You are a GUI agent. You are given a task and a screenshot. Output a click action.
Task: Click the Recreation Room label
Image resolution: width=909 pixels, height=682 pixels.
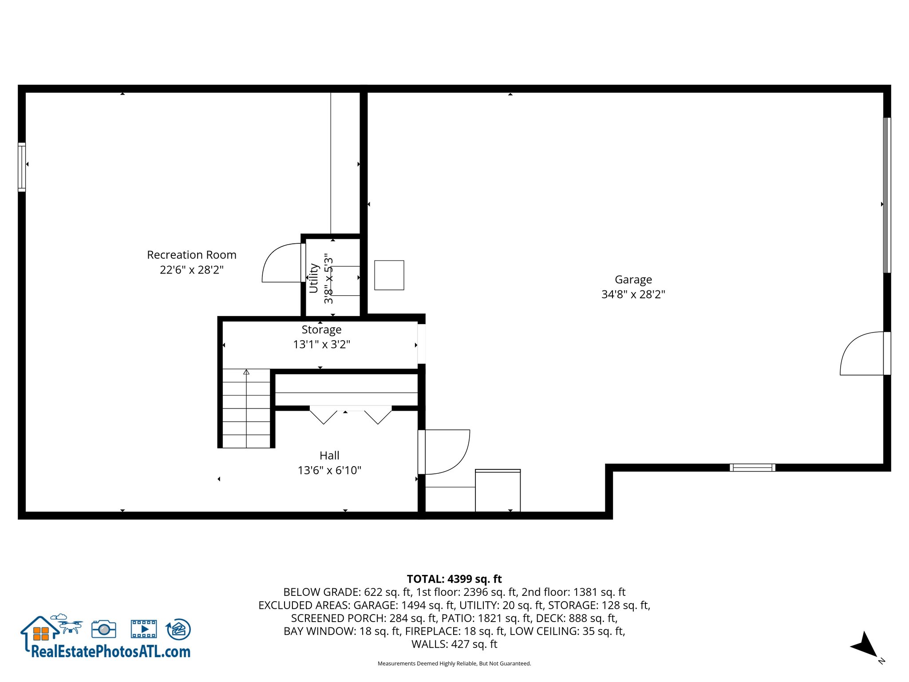pyautogui.click(x=191, y=255)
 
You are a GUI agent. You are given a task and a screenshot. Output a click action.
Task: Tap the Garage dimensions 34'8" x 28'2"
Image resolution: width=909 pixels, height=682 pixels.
pyautogui.click(x=633, y=294)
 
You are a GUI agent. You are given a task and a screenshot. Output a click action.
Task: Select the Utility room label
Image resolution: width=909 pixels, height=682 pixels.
pyautogui.click(x=314, y=278)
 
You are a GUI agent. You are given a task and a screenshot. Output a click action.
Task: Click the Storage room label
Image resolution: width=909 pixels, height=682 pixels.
pyautogui.click(x=321, y=329)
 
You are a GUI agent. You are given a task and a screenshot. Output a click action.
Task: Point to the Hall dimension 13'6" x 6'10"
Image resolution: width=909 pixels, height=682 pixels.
pyautogui.click(x=329, y=470)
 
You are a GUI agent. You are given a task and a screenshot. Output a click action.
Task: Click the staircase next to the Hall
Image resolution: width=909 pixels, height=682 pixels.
pyautogui.click(x=246, y=408)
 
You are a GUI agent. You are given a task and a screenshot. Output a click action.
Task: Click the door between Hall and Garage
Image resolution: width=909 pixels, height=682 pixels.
pyautogui.click(x=444, y=452)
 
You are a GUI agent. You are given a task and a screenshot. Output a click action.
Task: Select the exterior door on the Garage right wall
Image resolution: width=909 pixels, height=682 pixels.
pyautogui.click(x=861, y=354)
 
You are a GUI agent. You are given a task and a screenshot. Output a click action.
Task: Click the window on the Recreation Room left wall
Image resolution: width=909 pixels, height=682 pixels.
pyautogui.click(x=21, y=167)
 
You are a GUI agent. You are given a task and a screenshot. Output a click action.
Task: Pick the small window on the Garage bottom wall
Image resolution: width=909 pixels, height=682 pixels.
pyautogui.click(x=752, y=468)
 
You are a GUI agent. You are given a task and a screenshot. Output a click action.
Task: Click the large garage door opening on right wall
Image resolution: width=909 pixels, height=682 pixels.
pyautogui.click(x=886, y=195)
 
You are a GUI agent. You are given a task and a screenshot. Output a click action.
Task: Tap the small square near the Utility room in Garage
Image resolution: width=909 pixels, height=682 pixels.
pyautogui.click(x=389, y=275)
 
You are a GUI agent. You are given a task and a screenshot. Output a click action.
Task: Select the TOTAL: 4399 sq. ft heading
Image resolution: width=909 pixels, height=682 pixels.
pyautogui.click(x=454, y=579)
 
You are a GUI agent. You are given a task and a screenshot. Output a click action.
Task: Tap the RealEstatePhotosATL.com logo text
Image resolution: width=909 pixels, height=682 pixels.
pyautogui.click(x=111, y=652)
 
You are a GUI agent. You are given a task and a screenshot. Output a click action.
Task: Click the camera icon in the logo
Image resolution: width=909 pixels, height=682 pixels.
pyautogui.click(x=104, y=629)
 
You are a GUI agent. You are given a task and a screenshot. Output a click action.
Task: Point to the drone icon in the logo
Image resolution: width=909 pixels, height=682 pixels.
pyautogui.click(x=70, y=625)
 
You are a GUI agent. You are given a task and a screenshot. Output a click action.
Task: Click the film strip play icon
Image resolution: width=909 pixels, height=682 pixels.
pyautogui.click(x=144, y=629)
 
